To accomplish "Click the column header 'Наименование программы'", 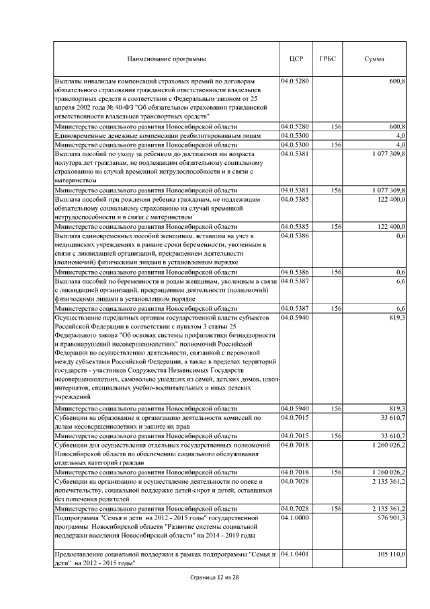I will pos(166,59).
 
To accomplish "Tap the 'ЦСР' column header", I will pos(296,59).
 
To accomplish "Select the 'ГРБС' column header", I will pos(329,59).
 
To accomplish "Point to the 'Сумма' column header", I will pos(374,59).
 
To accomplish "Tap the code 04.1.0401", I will pos(295,553).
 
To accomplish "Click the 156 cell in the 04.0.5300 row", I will pos(337,145).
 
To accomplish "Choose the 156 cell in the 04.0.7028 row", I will pos(337,508).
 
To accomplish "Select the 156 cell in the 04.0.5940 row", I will pos(337,408).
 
